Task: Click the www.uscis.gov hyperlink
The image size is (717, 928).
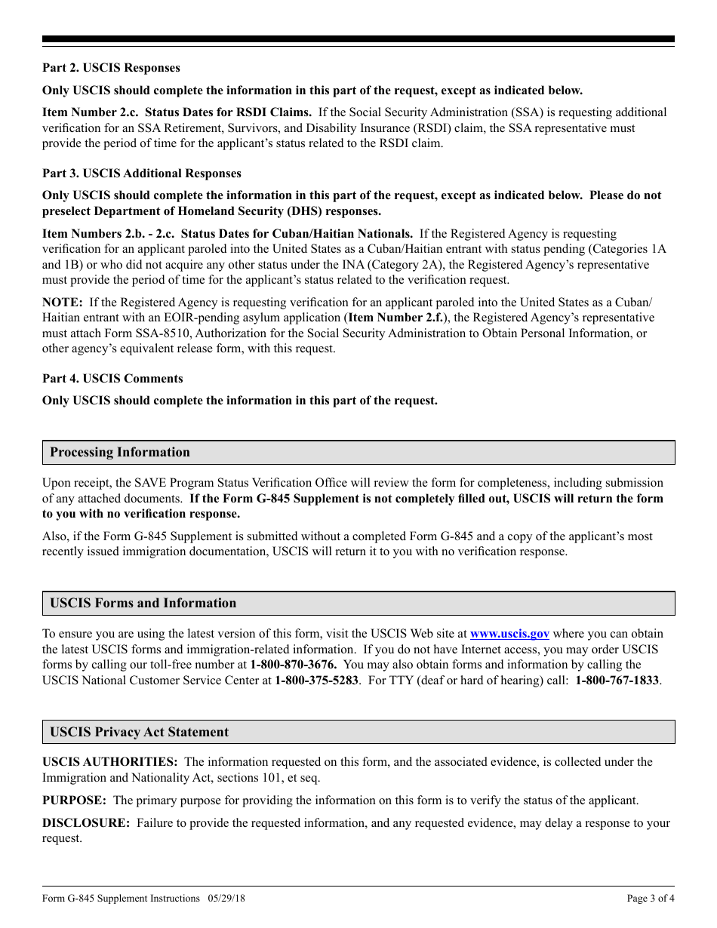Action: point(509,634)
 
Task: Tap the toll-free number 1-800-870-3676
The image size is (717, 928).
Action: point(293,665)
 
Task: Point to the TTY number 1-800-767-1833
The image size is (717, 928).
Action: point(617,680)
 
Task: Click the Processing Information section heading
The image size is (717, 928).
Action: point(120,453)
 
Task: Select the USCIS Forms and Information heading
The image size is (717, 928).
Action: point(143,604)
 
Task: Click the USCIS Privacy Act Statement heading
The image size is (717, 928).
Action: point(139,733)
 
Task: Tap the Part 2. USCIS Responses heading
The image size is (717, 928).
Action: point(111,68)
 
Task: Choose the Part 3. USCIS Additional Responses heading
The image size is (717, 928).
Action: point(141,174)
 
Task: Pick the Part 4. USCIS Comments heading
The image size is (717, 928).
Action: point(112,379)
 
